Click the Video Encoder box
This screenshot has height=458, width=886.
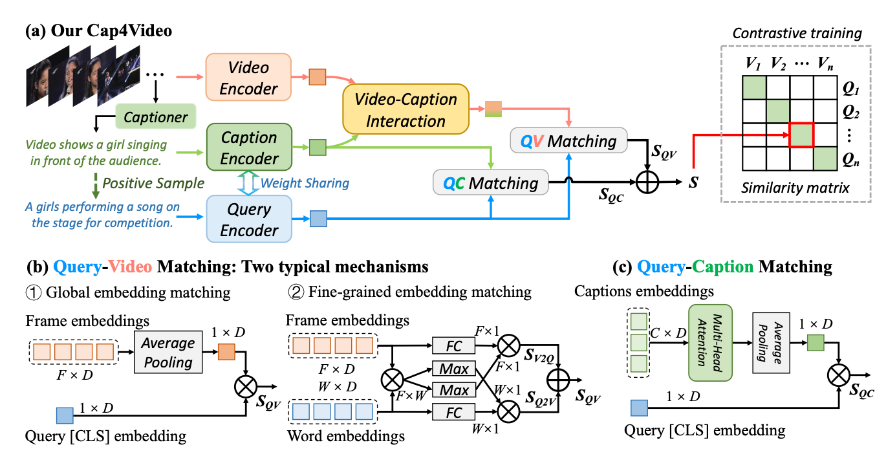(x=248, y=78)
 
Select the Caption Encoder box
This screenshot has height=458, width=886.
(x=249, y=148)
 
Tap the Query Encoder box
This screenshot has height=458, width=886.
(x=249, y=220)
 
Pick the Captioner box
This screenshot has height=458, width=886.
(x=156, y=117)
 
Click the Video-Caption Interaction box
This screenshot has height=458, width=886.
(x=404, y=110)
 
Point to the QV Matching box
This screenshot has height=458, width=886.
(x=568, y=141)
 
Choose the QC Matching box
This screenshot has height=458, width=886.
(x=491, y=183)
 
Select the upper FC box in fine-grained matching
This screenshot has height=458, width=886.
(x=454, y=346)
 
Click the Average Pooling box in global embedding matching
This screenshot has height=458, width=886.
(x=168, y=353)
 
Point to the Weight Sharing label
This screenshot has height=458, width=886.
(x=305, y=183)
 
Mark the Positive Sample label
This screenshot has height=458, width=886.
(x=154, y=183)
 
